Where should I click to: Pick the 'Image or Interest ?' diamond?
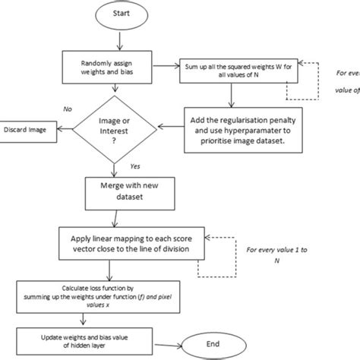coord(115,130)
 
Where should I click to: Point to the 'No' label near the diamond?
coord(68,109)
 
